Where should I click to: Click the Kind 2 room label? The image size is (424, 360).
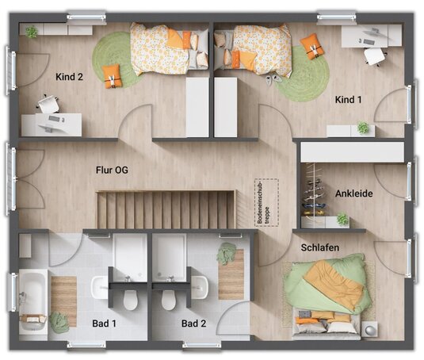click(69, 77)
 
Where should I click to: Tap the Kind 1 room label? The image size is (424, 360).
click(348, 100)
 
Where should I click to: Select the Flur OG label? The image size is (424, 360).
click(112, 170)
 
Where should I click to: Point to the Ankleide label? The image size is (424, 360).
click(354, 193)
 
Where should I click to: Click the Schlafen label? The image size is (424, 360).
click(320, 247)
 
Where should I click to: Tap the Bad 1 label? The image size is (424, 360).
click(104, 324)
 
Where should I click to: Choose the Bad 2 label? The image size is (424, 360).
click(193, 324)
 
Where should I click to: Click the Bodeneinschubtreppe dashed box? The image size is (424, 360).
click(267, 202)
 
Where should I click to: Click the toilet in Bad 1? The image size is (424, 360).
click(130, 300)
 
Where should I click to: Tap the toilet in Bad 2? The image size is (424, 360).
click(169, 300)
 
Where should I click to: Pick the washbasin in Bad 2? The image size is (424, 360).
click(200, 287)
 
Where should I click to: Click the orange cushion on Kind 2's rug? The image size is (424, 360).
click(112, 76)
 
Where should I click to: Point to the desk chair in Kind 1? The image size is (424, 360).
click(375, 56)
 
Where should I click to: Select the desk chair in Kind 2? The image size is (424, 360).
click(48, 103)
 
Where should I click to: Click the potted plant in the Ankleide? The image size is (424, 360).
click(342, 218)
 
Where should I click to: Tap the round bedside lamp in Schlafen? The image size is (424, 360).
click(369, 329)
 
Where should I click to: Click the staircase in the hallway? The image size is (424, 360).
click(166, 209)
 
